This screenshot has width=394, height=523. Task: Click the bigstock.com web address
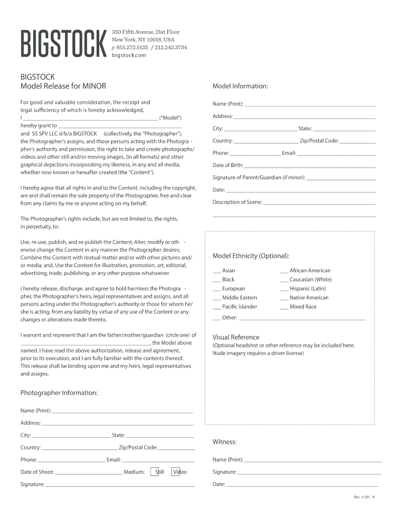pyautogui.click(x=129, y=55)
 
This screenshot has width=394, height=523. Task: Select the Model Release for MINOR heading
pyautogui.click(x=63, y=86)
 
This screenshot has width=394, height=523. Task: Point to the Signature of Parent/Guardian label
pyautogui.click(x=258, y=178)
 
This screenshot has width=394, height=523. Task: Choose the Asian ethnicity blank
pyautogui.click(x=216, y=271)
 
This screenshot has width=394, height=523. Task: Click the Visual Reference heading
pyautogui.click(x=236, y=337)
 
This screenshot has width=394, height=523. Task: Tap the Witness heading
pyautogui.click(x=224, y=442)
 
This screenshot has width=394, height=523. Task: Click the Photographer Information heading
pyautogui.click(x=59, y=393)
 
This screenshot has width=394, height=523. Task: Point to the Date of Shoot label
pyautogui.click(x=37, y=472)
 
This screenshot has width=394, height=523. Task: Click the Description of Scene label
pyautogui.click(x=237, y=202)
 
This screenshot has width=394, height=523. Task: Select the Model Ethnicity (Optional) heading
pyautogui.click(x=251, y=256)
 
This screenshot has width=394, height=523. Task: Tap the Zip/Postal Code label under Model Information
pyautogui.click(x=319, y=141)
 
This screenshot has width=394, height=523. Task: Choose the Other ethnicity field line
pyautogui.click(x=302, y=319)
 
